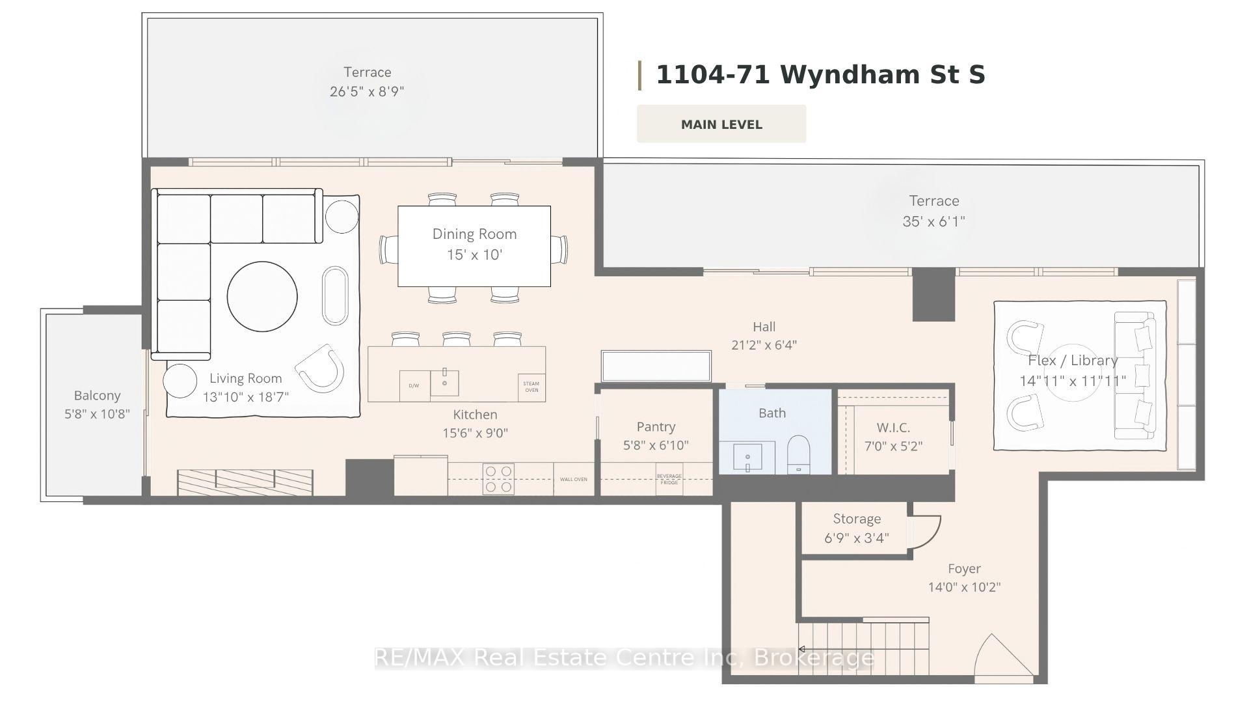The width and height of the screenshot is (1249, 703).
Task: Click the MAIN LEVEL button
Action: tap(721, 124)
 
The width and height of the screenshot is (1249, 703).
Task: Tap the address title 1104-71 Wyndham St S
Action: tap(820, 75)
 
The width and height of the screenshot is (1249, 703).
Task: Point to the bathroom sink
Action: tap(747, 456)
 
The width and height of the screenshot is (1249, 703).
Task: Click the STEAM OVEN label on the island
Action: tap(531, 387)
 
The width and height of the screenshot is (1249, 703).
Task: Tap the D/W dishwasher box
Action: tap(414, 385)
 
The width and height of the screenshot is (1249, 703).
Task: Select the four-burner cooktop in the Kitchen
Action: tap(498, 479)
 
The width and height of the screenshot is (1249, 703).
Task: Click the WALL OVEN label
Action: tap(574, 479)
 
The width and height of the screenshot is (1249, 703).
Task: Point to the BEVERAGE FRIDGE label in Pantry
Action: tap(669, 479)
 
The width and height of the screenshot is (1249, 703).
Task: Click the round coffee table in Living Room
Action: tap(262, 296)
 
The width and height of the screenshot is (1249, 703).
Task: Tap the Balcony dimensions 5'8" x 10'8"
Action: tap(97, 413)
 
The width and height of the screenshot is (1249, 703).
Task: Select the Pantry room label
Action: tap(656, 426)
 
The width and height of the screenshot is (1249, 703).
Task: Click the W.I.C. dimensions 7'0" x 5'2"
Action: tap(893, 446)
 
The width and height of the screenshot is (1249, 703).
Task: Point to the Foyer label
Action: tap(964, 569)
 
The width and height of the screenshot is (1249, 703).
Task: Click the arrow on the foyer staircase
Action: tap(802, 649)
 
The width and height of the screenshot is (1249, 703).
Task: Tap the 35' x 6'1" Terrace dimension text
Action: tap(933, 221)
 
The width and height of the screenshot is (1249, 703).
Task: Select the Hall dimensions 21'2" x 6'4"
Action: tap(764, 345)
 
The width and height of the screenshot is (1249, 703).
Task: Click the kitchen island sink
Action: tap(444, 383)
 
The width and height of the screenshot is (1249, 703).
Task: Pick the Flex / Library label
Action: tap(1073, 361)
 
